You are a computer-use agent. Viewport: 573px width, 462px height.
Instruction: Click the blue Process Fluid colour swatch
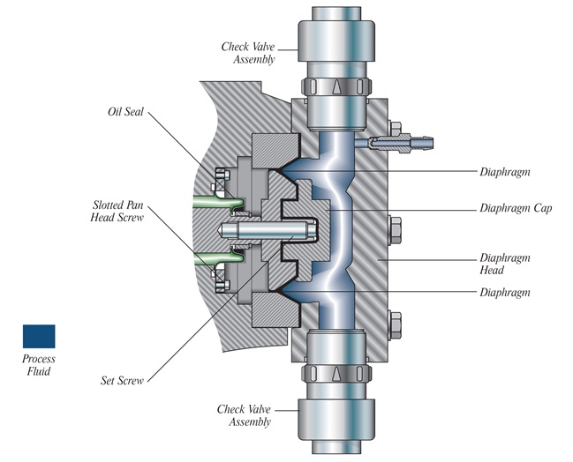click(x=38, y=336)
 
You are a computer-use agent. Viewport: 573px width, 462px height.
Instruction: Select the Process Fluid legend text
click(x=39, y=365)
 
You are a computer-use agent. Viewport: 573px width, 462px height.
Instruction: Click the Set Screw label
click(x=122, y=381)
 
